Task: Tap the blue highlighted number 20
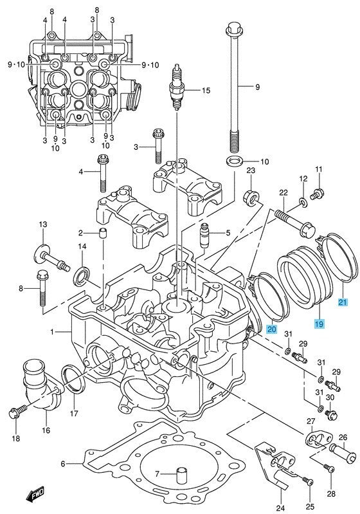pos(272,329)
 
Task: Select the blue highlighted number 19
pos(319,324)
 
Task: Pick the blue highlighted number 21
pos(343,302)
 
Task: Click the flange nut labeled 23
pos(251,197)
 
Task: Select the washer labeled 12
pos(303,202)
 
